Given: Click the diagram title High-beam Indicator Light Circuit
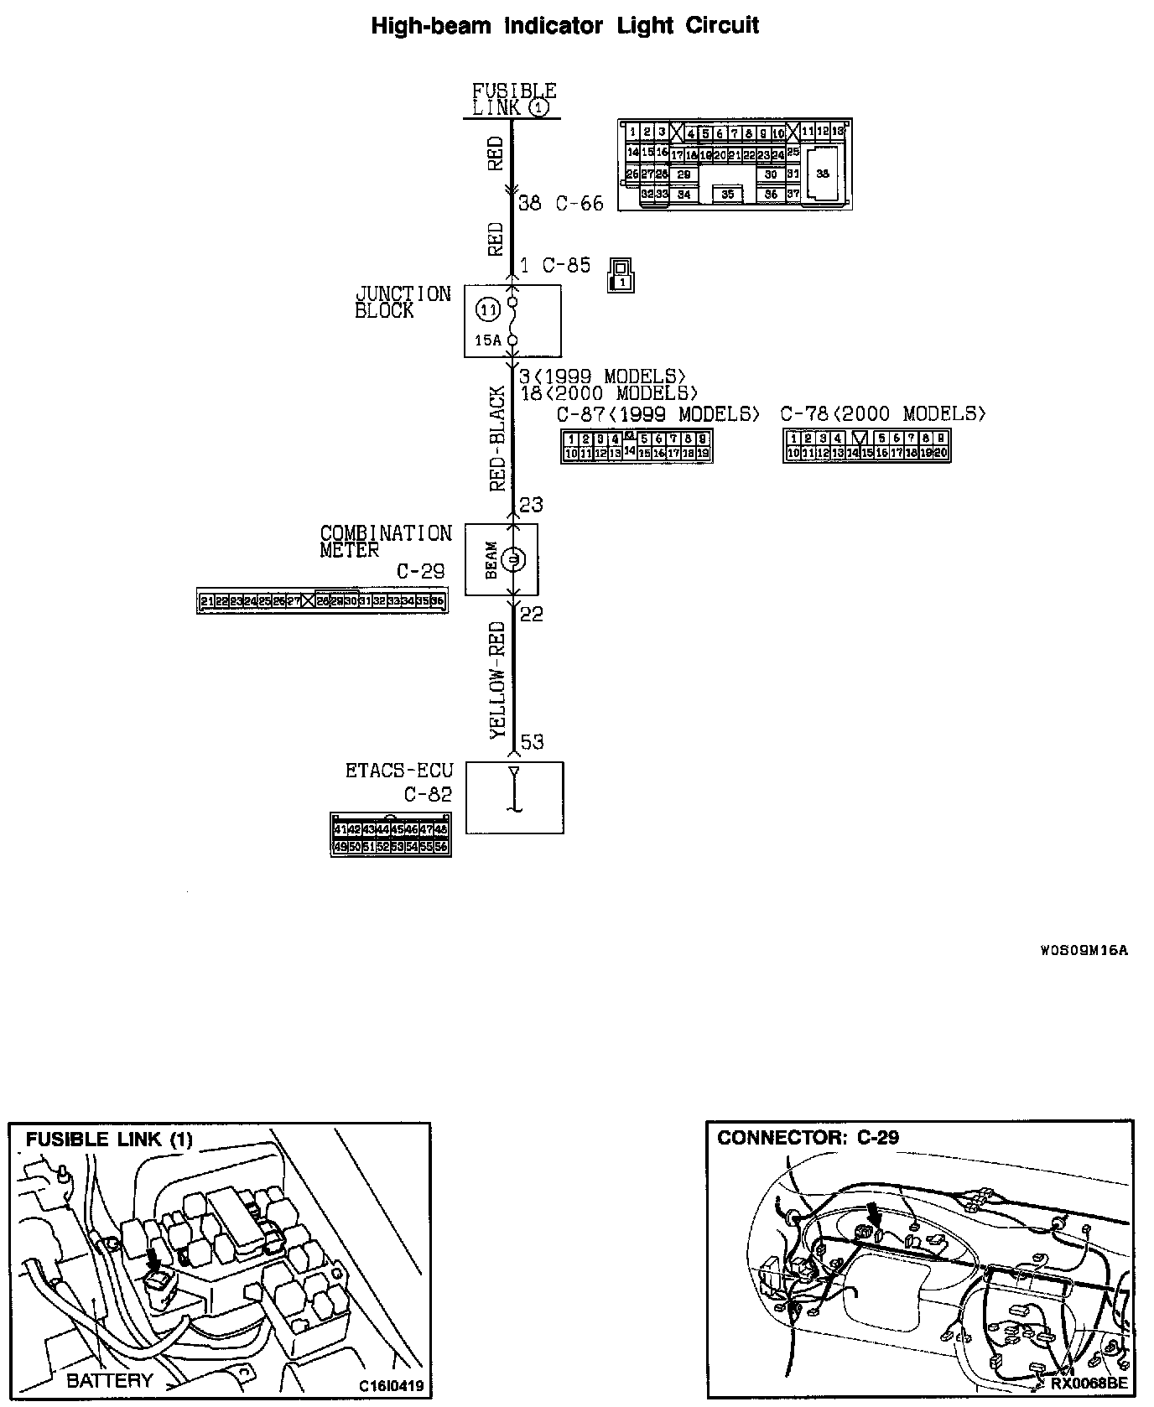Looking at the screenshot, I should click(x=564, y=26).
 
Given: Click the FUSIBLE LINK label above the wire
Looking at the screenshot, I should click(x=512, y=99).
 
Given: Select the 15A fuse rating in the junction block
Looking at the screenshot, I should click(x=487, y=340).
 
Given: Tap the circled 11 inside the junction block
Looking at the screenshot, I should click(x=487, y=310).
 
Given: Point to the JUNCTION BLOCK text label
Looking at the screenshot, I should click(x=403, y=302).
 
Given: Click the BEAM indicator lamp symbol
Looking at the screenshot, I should click(x=513, y=558).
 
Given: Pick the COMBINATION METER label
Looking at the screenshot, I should click(x=386, y=542).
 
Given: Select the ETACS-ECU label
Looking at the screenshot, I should click(x=399, y=770).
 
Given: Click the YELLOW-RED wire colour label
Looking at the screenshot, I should click(x=497, y=680).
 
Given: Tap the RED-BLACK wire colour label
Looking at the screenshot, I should click(x=497, y=438).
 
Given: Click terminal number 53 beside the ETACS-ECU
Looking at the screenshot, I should click(x=532, y=742).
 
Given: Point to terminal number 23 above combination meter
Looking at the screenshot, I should click(x=531, y=505).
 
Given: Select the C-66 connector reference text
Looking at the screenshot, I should click(x=580, y=204).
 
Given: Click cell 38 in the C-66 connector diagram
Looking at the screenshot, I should click(x=822, y=174).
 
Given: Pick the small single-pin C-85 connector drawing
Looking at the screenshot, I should click(x=621, y=275).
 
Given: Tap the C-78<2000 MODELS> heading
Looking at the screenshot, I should click(x=883, y=414).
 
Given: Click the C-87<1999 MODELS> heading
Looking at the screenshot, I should click(x=658, y=414).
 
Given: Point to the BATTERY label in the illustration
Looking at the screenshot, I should click(x=110, y=1380).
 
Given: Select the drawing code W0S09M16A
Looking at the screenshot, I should click(x=1084, y=950).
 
